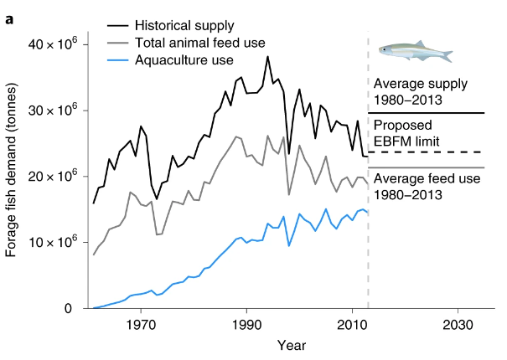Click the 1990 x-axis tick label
[x=246, y=324]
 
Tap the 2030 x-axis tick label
[x=458, y=324]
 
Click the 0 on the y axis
[x=75, y=309]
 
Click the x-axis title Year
[x=292, y=345]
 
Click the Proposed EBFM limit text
[x=408, y=134]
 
